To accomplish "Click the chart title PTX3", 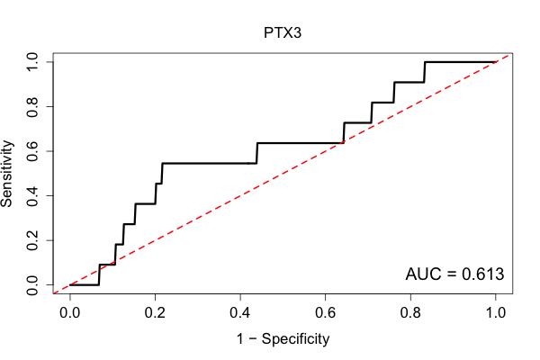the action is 283,33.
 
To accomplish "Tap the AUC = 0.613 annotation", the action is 454,274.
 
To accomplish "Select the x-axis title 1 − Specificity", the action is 283,339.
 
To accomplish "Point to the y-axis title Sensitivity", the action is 7,174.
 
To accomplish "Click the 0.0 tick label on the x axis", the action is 70,313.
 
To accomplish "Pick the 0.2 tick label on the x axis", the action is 155,313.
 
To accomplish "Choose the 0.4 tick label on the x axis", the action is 240,313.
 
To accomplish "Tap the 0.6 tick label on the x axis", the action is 325,313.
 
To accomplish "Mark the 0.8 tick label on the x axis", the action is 410,313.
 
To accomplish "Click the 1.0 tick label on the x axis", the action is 496,313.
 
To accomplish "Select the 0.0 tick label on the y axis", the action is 32,285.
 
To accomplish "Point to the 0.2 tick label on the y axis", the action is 32,240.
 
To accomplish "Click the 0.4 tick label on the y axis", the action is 32,195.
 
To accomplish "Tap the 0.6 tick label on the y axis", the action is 32,151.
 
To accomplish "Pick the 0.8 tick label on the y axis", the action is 32,107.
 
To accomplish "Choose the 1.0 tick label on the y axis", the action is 32,62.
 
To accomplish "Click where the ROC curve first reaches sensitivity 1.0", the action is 425,62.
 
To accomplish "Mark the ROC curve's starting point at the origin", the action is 70,285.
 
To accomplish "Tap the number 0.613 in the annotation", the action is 482,274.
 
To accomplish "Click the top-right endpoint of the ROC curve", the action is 496,62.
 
